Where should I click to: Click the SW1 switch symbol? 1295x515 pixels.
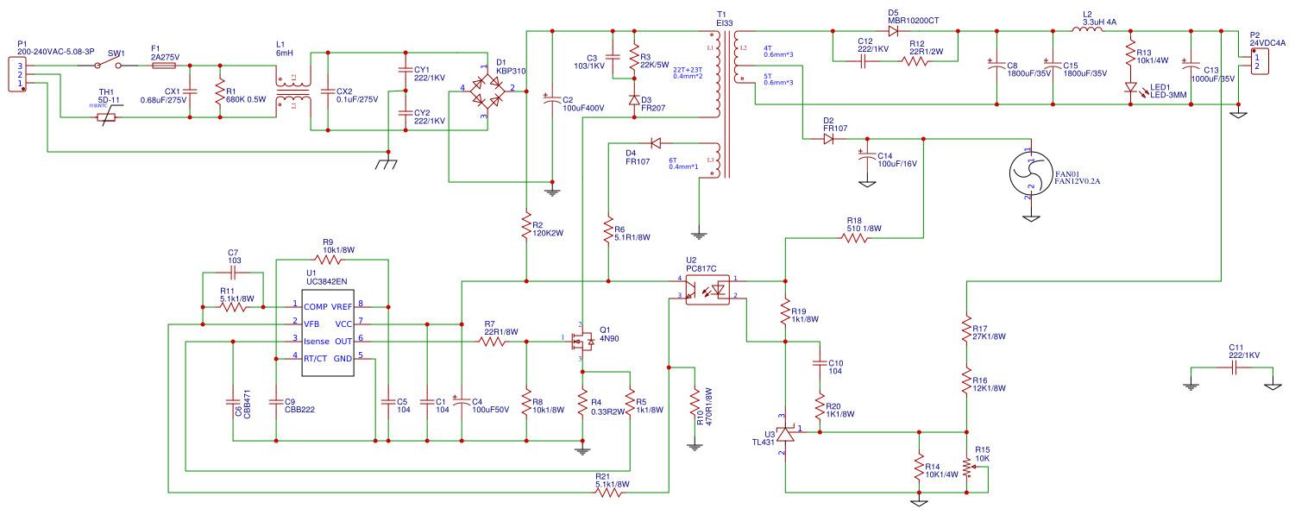pyautogui.click(x=116, y=65)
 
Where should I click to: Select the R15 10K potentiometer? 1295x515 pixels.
pyautogui.click(x=967, y=466)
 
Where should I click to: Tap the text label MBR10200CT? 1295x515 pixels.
pyautogui.click(x=913, y=20)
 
